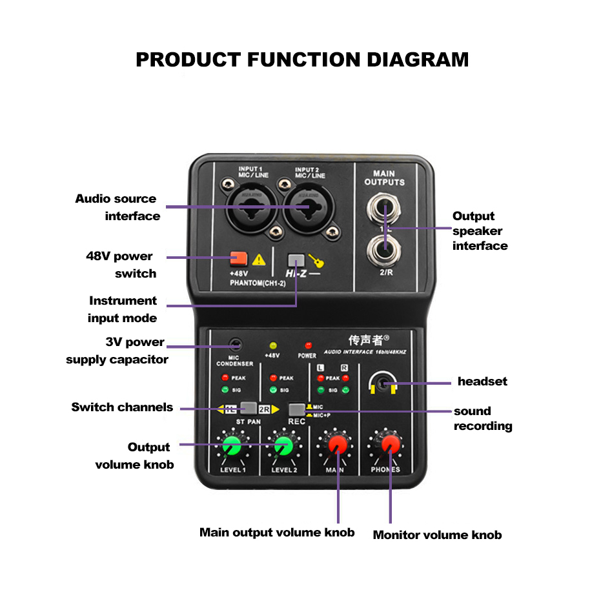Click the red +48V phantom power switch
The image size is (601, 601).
[x=238, y=259]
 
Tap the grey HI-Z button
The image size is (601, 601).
[x=296, y=261]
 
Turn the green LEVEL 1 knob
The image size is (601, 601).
[x=232, y=445]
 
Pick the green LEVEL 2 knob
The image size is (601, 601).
[x=282, y=445]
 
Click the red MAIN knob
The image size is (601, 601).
[x=337, y=445]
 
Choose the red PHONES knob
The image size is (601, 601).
[x=390, y=445]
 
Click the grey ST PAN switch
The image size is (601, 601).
[x=248, y=408]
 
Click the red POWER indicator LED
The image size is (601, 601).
[x=308, y=345]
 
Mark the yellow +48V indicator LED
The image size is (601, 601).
[x=272, y=345]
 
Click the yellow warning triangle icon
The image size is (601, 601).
[x=259, y=260]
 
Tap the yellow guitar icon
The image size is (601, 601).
[x=316, y=261]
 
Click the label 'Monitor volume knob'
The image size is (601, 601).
[x=437, y=535]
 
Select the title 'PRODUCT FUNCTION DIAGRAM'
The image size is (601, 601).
[x=302, y=59]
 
